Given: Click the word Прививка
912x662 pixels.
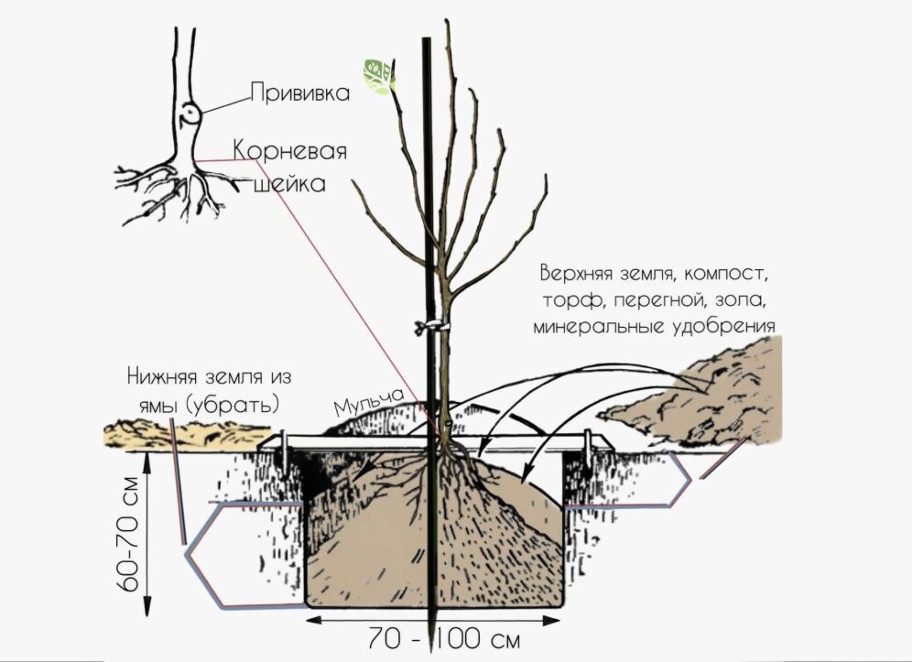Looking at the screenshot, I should [x=300, y=92].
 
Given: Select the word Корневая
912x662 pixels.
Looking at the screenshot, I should [x=289, y=150].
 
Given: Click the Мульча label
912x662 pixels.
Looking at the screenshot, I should [x=369, y=399].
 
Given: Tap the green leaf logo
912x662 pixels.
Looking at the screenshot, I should [x=377, y=75].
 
